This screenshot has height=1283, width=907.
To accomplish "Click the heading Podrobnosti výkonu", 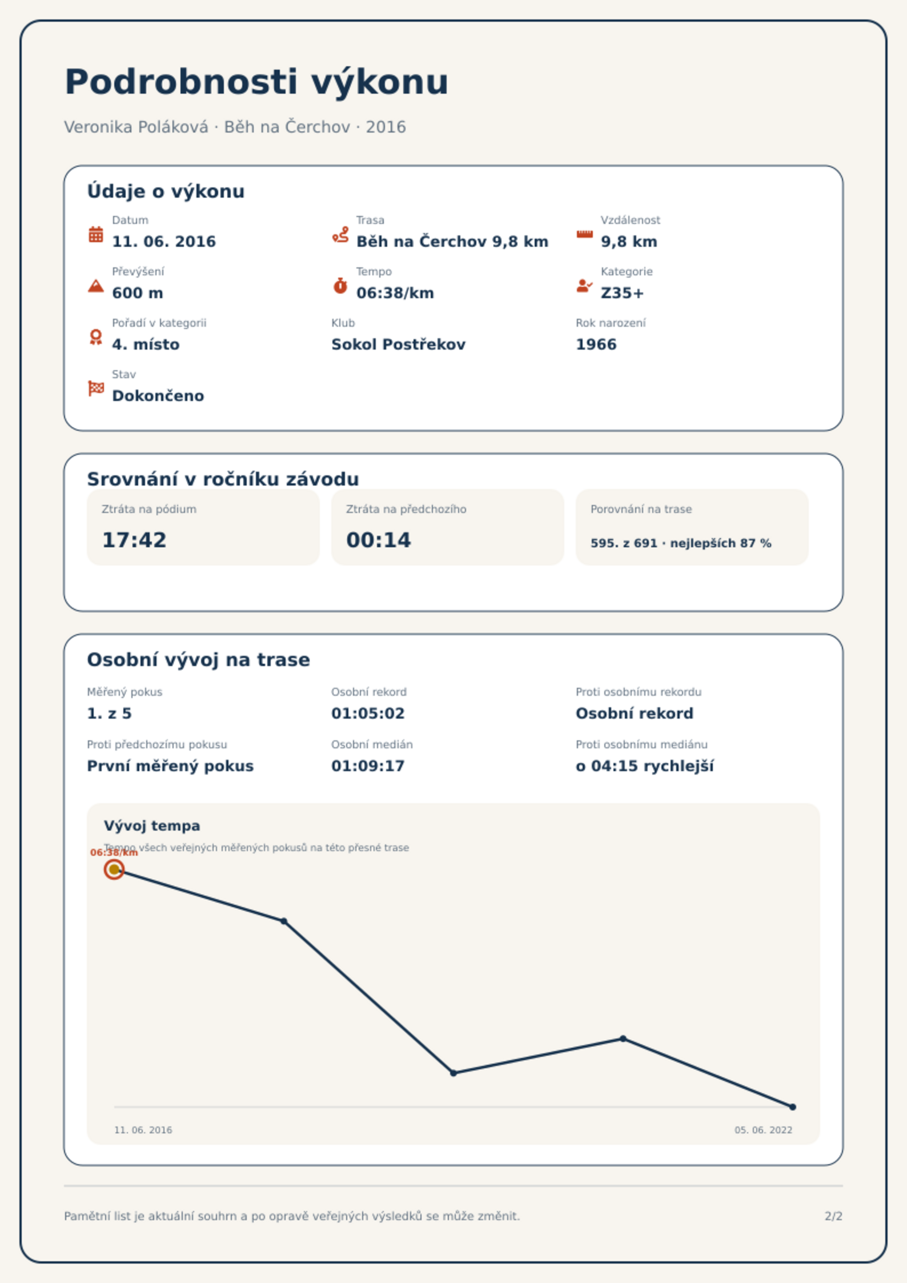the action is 256,82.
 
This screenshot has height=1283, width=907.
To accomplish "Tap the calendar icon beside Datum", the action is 96,234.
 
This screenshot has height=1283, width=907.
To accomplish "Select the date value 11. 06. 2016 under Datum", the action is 164,242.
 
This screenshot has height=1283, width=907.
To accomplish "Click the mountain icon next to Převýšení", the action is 96,286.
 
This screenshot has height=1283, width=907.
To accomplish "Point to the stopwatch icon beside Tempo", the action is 340,286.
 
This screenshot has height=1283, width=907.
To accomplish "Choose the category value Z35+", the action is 622,293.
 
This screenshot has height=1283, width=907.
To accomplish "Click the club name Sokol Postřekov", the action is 398,344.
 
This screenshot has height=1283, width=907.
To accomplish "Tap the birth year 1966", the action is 596,344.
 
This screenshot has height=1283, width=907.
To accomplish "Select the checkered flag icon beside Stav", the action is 96,388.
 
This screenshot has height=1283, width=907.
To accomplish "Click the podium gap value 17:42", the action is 134,540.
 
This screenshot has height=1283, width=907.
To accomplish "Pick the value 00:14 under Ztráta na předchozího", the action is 378,540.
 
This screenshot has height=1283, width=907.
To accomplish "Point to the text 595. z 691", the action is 624,543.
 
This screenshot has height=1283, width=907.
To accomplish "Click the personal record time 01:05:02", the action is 368,713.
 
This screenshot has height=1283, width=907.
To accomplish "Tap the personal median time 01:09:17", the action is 368,766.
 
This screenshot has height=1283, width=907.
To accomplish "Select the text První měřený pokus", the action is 170,766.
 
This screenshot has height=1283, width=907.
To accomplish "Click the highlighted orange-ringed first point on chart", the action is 114,869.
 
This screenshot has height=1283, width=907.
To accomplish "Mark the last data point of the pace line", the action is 793,1107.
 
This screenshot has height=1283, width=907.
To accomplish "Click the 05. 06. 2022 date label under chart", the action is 763,1130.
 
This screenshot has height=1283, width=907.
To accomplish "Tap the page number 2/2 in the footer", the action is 833,1216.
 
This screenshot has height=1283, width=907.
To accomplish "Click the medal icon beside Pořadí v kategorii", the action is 96,337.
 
